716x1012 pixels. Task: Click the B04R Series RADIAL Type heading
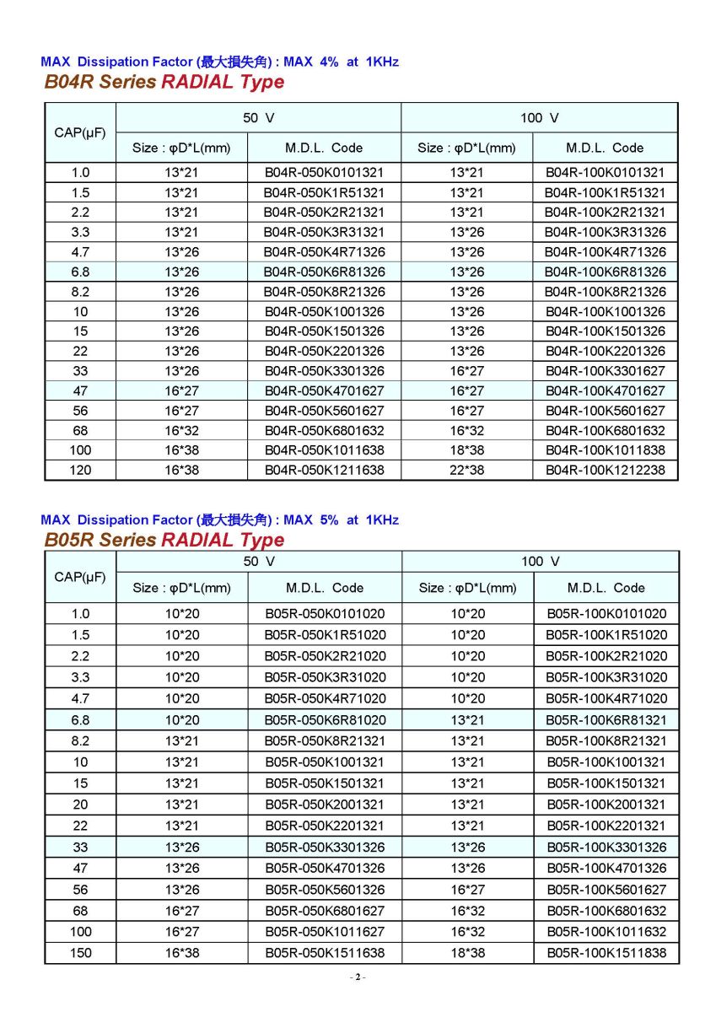tap(164, 83)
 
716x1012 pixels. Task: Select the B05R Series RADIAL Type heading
tap(164, 540)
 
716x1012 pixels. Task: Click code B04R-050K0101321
tap(324, 172)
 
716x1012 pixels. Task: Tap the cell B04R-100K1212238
tap(605, 470)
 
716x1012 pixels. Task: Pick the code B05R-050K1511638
tap(325, 953)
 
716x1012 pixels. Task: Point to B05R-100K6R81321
tap(606, 719)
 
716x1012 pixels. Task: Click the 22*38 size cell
tap(466, 470)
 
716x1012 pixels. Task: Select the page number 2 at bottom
tap(358, 977)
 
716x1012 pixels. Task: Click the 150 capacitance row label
tap(80, 953)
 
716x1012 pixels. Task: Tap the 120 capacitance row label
tap(80, 470)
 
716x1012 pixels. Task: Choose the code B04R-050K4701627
tap(324, 390)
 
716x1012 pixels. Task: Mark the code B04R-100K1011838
tap(605, 450)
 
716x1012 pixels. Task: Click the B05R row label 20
tap(80, 805)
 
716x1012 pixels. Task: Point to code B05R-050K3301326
tap(325, 847)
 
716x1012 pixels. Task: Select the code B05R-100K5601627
tap(606, 889)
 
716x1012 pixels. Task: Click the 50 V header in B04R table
tap(258, 118)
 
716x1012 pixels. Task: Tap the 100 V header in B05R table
tap(540, 562)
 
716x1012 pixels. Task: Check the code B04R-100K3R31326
tap(605, 232)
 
